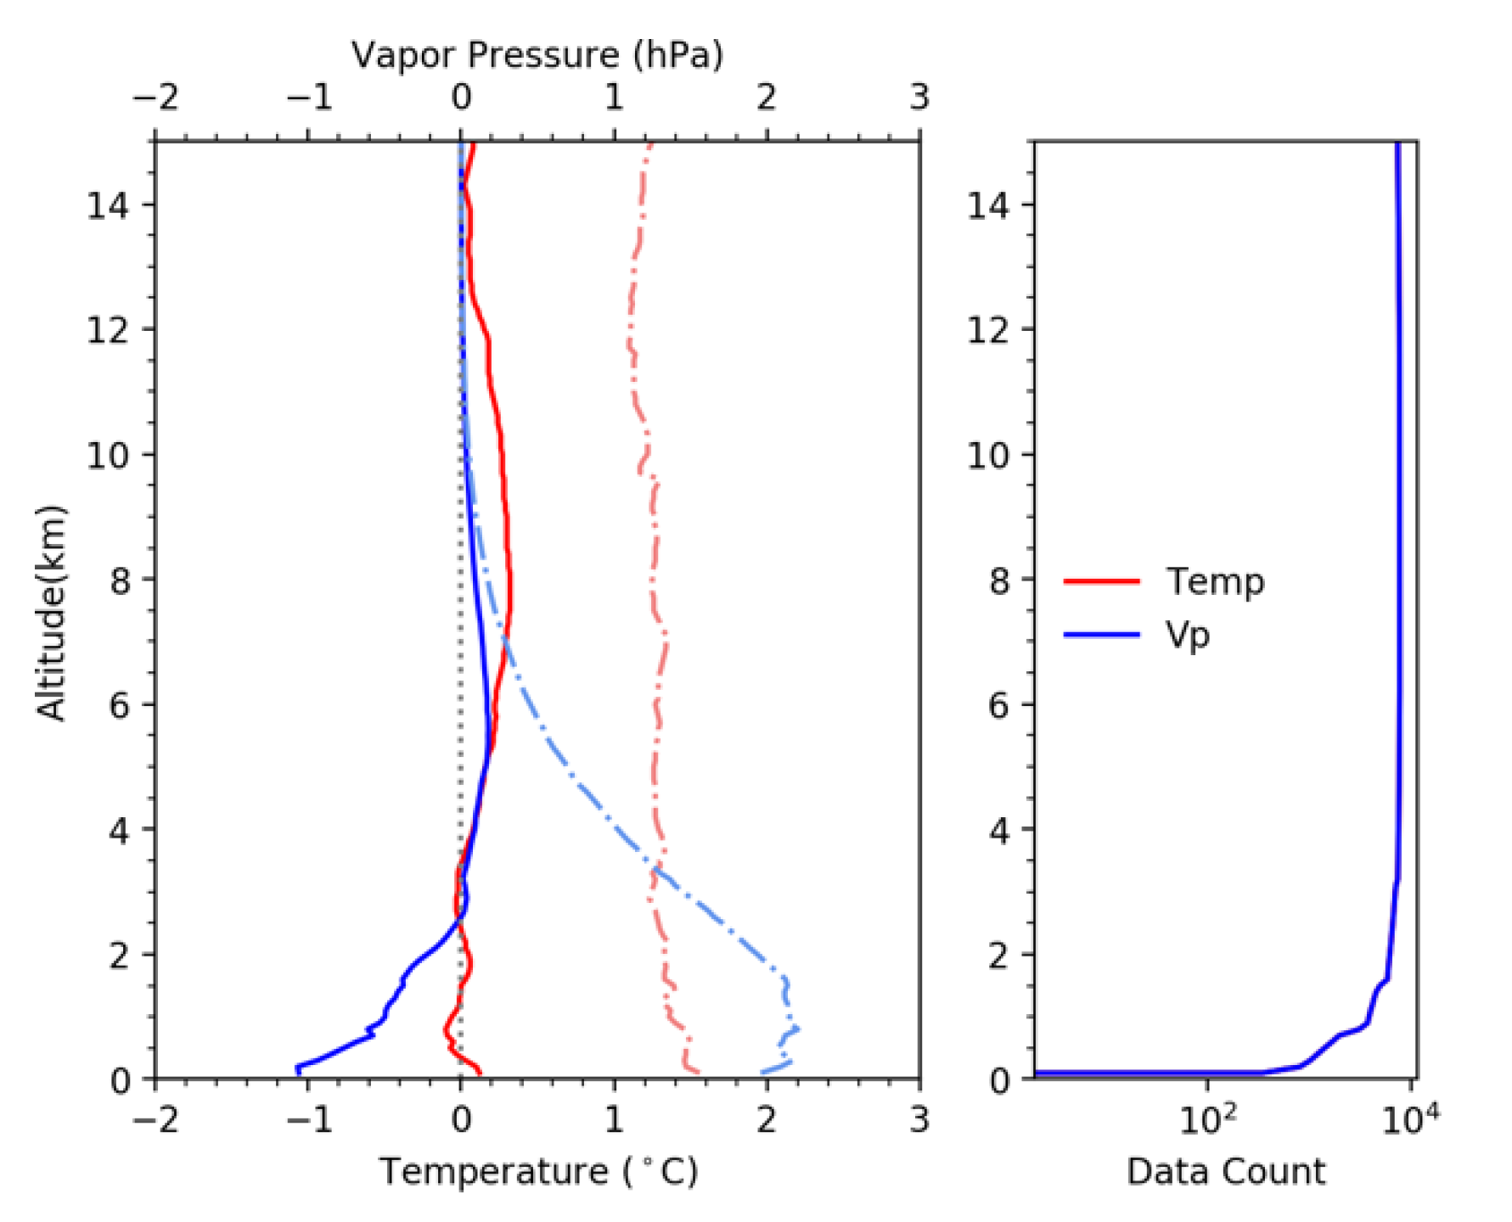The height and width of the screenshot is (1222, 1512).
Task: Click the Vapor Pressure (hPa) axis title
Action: (537, 55)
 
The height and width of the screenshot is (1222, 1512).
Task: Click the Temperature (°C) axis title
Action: (538, 1172)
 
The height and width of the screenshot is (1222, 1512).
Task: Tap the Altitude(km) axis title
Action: (51, 613)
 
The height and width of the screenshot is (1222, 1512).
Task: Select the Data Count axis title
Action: (1225, 1172)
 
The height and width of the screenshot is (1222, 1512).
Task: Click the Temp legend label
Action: (1215, 582)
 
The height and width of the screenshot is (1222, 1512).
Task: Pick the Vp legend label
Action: (1187, 635)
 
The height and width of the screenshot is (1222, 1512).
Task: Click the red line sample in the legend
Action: (1101, 582)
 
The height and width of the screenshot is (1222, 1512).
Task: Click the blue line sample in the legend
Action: (1101, 635)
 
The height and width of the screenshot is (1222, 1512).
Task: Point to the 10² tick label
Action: (1206, 1121)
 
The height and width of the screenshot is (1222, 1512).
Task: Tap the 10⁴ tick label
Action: (1410, 1121)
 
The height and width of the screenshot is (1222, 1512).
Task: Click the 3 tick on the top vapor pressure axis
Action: (919, 98)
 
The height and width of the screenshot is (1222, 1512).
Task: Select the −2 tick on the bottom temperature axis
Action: (155, 1120)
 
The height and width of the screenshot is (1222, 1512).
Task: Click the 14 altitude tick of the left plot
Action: (108, 205)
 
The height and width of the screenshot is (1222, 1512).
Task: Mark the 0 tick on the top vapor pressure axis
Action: (461, 98)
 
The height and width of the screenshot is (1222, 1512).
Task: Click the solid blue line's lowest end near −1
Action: (298, 1070)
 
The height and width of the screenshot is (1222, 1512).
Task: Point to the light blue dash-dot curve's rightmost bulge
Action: (797, 1029)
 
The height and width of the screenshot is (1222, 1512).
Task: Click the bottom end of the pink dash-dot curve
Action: (698, 1073)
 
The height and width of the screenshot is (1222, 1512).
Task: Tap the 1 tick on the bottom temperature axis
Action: (614, 1120)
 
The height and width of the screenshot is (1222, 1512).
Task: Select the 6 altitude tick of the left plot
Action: (119, 705)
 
